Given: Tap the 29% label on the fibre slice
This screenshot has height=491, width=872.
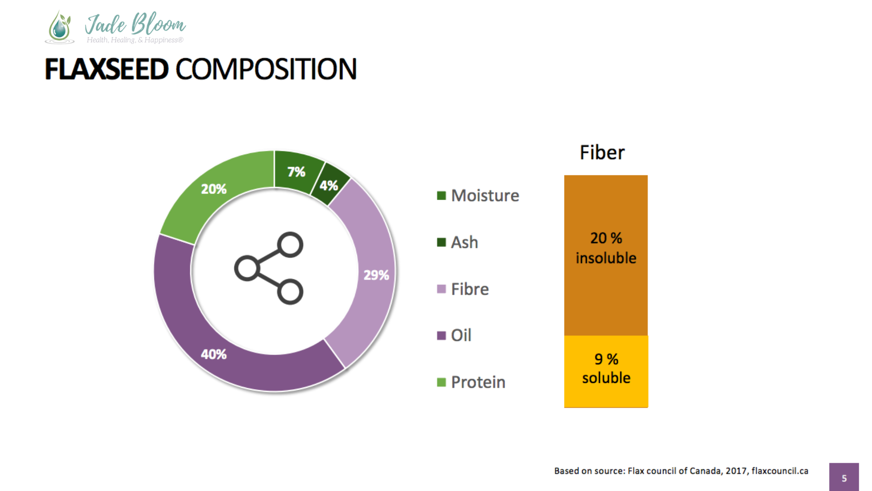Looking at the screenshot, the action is click(376, 275).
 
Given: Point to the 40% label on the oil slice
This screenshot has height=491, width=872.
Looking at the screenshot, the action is click(213, 354).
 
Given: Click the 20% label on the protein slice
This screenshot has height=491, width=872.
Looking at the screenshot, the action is click(213, 189).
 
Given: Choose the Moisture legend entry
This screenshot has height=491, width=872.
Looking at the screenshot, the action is click(478, 195).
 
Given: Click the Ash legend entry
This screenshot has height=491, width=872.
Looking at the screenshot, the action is click(457, 242).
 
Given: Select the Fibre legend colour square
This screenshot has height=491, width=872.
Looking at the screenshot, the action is click(441, 289).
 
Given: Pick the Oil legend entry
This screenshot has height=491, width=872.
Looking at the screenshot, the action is click(454, 336).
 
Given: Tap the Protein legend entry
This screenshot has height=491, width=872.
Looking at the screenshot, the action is click(471, 382).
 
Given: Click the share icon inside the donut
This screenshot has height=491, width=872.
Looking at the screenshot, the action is click(269, 268).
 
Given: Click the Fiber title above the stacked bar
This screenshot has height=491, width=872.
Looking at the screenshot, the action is click(602, 152).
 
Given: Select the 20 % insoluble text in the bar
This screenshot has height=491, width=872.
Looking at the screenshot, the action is click(606, 248).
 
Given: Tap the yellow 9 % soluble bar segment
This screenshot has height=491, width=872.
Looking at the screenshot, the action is click(606, 371).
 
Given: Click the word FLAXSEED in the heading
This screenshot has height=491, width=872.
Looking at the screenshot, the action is click(107, 69).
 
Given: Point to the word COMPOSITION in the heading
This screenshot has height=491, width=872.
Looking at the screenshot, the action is click(266, 69).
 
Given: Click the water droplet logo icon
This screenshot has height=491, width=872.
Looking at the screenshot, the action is click(59, 27).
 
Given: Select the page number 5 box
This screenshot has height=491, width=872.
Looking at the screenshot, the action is click(844, 477).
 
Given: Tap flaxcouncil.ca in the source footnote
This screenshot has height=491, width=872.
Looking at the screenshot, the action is click(780, 471).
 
